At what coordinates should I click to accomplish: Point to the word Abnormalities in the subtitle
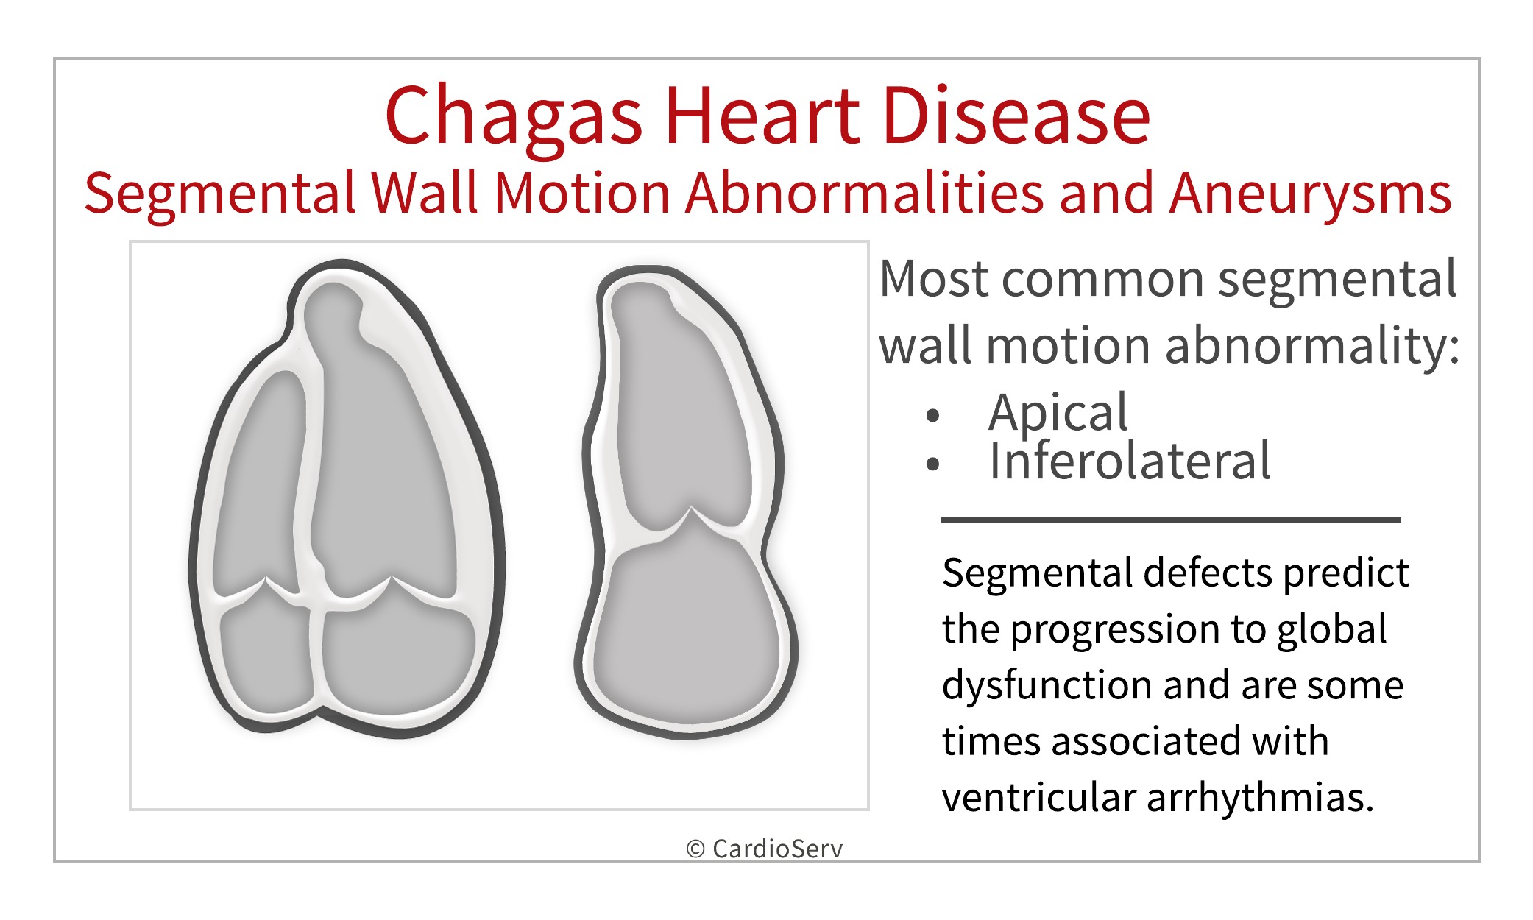pos(864,193)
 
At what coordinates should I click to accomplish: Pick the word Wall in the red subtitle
pos(424,193)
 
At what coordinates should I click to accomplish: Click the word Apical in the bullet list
pos(1058,414)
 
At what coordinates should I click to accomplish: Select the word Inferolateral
pos(1129,461)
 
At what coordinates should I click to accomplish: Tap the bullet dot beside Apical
pos(933,416)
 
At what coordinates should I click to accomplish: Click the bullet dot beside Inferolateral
pos(933,464)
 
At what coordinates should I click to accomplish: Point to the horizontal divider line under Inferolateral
pos(1170,520)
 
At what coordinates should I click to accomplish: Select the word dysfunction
pos(1047,685)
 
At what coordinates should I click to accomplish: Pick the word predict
pos(1345,573)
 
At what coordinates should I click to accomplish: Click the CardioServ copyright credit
pos(765,849)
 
